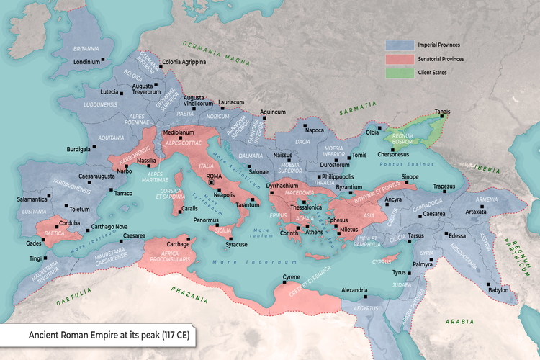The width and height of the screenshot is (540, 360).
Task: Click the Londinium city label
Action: click(x=86, y=61)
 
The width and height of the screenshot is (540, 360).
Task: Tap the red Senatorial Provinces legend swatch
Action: click(x=400, y=59)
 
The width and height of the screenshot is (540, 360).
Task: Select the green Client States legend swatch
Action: click(x=400, y=73)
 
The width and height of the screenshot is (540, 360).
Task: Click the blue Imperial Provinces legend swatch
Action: click(x=400, y=45)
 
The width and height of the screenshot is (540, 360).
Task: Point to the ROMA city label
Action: click(x=214, y=176)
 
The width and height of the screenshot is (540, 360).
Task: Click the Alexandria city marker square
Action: click(x=366, y=297)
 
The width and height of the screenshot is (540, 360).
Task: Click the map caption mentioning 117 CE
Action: click(x=108, y=336)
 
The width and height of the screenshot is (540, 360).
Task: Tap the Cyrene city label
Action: click(x=290, y=277)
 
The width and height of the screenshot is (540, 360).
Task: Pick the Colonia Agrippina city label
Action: click(x=184, y=63)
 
